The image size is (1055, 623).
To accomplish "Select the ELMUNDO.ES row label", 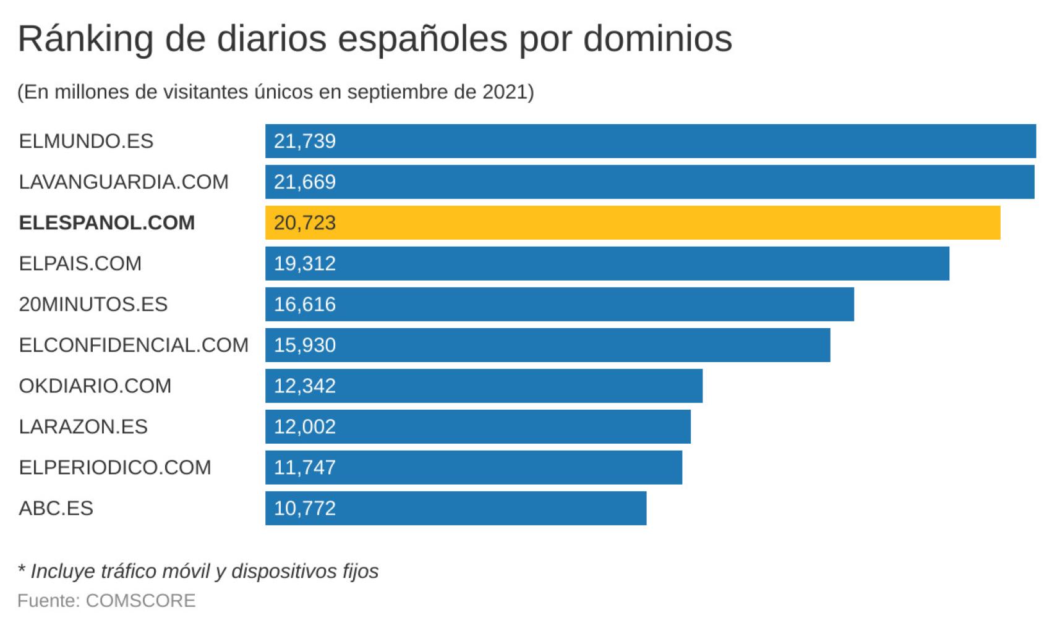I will (86, 141).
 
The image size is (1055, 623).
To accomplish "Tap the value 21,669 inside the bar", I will (304, 182).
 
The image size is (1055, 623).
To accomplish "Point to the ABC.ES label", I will (56, 508).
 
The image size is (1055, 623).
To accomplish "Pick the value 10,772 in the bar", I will (304, 508).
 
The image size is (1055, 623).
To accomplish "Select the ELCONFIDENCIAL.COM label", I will (134, 345).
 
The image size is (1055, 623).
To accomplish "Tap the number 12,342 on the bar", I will (304, 386).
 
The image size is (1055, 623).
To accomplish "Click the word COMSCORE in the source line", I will (140, 601).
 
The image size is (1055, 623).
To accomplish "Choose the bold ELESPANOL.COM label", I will (106, 222).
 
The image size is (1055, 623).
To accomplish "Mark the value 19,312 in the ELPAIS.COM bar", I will (304, 263).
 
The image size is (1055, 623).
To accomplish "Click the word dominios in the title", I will (657, 38).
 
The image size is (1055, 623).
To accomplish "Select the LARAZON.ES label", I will (83, 426).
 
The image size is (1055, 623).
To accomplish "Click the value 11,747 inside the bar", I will (304, 467).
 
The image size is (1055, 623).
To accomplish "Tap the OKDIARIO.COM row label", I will (95, 386).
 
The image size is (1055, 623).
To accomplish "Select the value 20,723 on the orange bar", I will (304, 222).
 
